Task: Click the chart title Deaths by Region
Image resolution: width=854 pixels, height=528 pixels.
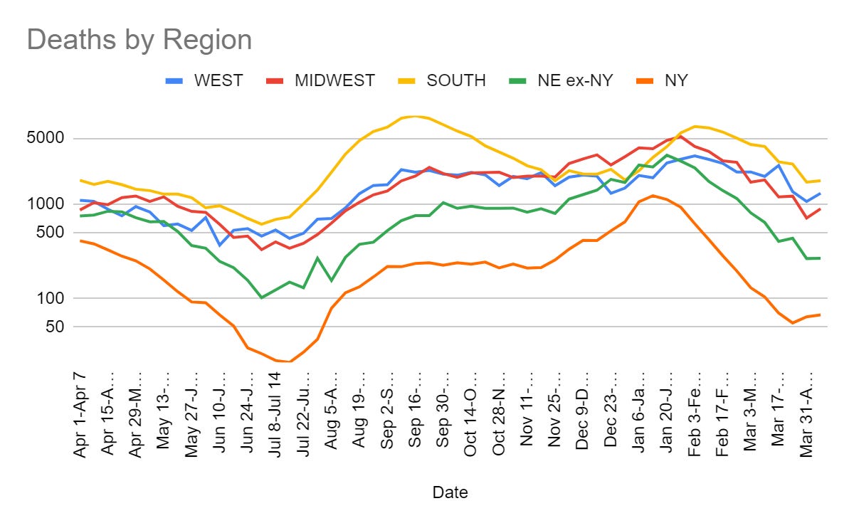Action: point(139,40)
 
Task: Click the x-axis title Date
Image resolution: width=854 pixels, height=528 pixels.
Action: point(450,492)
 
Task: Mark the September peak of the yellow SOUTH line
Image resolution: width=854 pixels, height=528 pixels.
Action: point(416,117)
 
